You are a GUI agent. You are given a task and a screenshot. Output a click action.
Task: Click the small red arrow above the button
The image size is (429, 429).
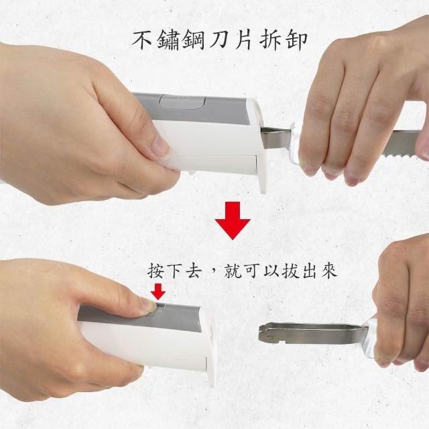(158, 292)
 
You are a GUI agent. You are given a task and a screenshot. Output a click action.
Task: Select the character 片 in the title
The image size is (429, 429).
(243, 40)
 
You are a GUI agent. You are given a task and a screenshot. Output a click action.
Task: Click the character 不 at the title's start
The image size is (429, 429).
(142, 40)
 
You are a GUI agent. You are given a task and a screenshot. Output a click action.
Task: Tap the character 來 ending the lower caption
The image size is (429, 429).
(328, 270)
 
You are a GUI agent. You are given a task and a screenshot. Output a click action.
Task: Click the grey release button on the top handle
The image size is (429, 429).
(182, 102)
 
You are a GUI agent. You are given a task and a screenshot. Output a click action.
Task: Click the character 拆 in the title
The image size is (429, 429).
(269, 40)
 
